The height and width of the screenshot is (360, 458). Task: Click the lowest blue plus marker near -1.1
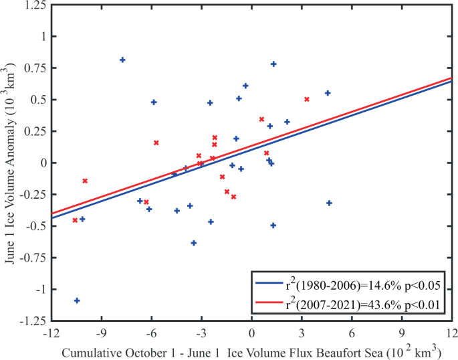(x=77, y=300)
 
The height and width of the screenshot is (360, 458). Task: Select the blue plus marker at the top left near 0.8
(x=122, y=60)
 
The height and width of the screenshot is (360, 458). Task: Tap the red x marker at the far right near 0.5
(x=307, y=99)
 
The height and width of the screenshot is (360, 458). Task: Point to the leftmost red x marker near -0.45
(x=75, y=220)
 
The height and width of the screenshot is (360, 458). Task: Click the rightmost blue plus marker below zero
(x=329, y=203)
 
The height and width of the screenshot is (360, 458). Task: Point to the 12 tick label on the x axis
(x=452, y=333)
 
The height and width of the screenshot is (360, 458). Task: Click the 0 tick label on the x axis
(x=252, y=333)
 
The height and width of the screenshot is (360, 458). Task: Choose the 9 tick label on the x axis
(x=403, y=333)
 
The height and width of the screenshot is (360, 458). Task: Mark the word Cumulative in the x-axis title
(x=90, y=351)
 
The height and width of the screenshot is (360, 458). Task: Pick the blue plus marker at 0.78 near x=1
(x=273, y=64)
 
